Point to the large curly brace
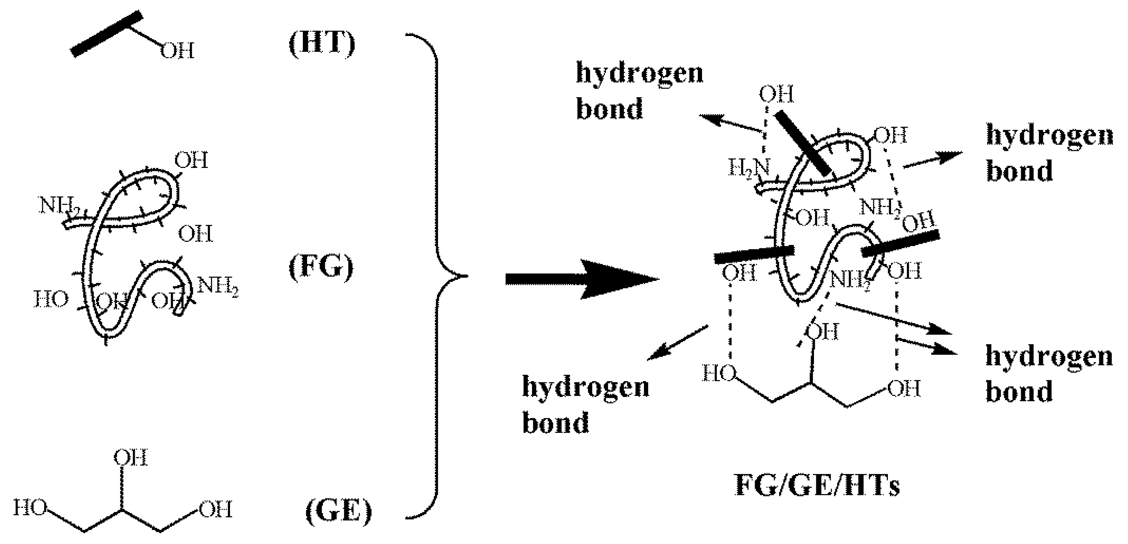tap(438, 276)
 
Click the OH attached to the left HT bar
tap(177, 51)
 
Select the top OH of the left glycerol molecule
tap(130, 458)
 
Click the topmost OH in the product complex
tap(776, 94)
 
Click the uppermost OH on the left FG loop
tap(191, 160)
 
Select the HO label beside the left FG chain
tap(51, 300)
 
